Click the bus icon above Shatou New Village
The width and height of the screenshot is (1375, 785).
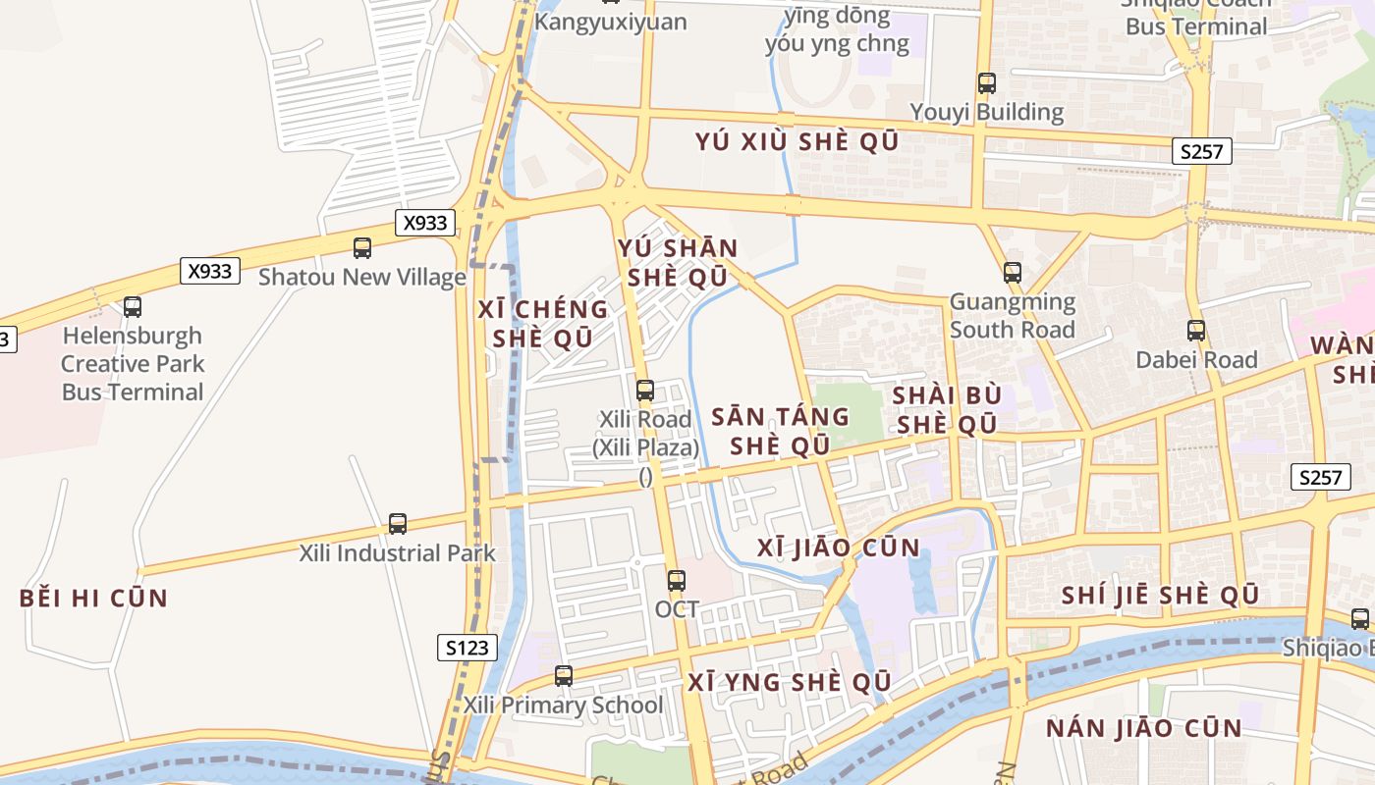(362, 248)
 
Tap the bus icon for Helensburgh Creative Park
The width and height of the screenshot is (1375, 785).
(133, 307)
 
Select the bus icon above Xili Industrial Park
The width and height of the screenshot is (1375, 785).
(398, 524)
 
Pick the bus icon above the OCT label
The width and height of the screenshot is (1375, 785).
(677, 581)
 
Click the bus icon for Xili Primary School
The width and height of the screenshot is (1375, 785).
(564, 676)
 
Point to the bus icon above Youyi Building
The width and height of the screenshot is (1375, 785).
(987, 83)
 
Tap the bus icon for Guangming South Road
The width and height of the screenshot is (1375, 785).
(1013, 273)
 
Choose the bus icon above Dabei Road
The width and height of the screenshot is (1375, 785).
(1196, 331)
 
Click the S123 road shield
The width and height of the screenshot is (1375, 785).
(467, 648)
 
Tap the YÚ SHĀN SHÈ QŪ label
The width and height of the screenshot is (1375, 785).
(678, 263)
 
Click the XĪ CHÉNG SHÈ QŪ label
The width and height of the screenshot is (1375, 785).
(543, 324)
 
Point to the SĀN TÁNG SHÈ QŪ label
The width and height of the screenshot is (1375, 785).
(781, 431)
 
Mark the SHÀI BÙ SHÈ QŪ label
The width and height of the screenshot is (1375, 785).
(947, 410)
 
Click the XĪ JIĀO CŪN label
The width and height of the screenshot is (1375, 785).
(839, 548)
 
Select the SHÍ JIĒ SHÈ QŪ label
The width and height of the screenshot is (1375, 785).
(1160, 596)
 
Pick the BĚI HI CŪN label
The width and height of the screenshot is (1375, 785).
(94, 599)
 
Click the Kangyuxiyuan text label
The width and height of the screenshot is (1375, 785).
(612, 22)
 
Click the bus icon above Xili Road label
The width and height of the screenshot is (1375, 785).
(645, 391)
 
